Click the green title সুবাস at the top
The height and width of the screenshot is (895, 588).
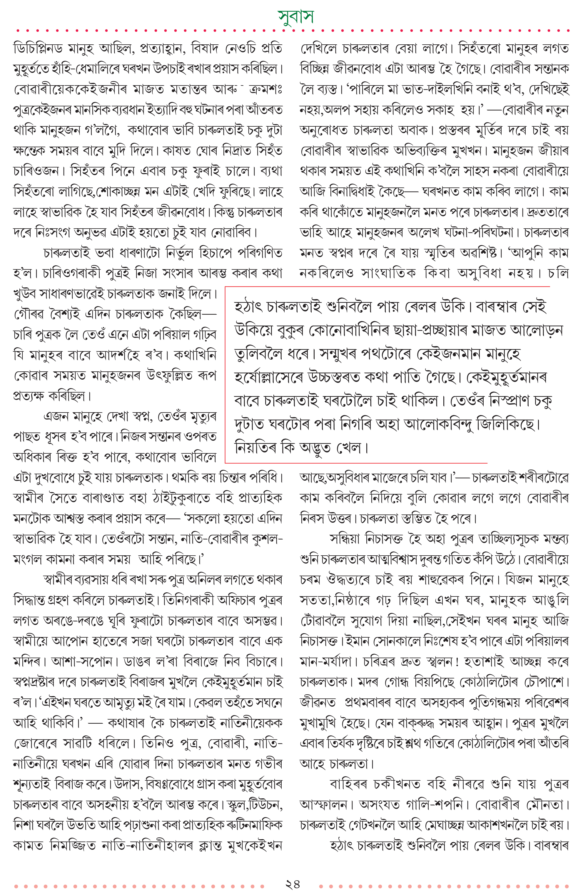[x=295, y=16]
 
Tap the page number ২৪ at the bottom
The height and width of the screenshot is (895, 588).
[x=293, y=884]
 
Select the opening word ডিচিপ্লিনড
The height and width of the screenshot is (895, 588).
[x=38, y=49]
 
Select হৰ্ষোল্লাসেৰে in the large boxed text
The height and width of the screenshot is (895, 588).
[x=269, y=378]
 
